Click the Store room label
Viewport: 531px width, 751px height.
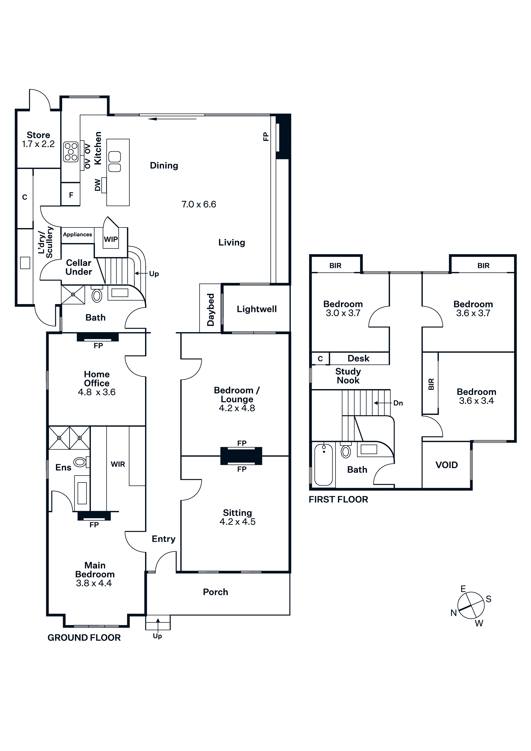coord(38,135)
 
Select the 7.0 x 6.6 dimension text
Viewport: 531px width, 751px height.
coord(199,205)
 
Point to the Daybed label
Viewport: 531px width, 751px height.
coord(210,309)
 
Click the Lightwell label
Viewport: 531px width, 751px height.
coord(257,309)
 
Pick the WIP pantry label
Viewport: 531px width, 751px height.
coord(111,239)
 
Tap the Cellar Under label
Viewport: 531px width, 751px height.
coord(79,267)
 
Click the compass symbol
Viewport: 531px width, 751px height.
coord(471,605)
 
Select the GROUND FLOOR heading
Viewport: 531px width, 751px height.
coord(84,638)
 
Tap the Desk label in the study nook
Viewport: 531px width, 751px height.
coord(358,358)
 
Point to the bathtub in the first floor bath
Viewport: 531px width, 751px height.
coord(323,465)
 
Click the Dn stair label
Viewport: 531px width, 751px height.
coord(398,403)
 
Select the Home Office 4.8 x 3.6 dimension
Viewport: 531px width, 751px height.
coord(97,392)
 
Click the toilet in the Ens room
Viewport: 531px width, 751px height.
coord(80,462)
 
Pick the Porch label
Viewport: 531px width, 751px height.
coord(215,592)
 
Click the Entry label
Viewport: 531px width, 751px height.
coord(163,539)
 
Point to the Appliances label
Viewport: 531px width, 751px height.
coord(78,234)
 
